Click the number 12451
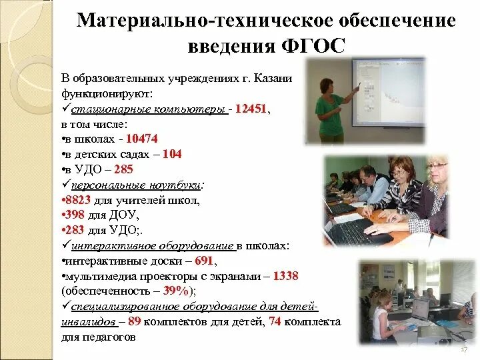(x=253, y=109)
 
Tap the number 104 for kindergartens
(x=172, y=153)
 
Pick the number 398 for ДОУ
(x=76, y=215)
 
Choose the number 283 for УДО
(x=76, y=230)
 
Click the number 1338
(x=285, y=276)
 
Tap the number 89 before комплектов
(x=134, y=322)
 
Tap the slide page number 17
(x=463, y=350)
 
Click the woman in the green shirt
(x=331, y=107)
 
